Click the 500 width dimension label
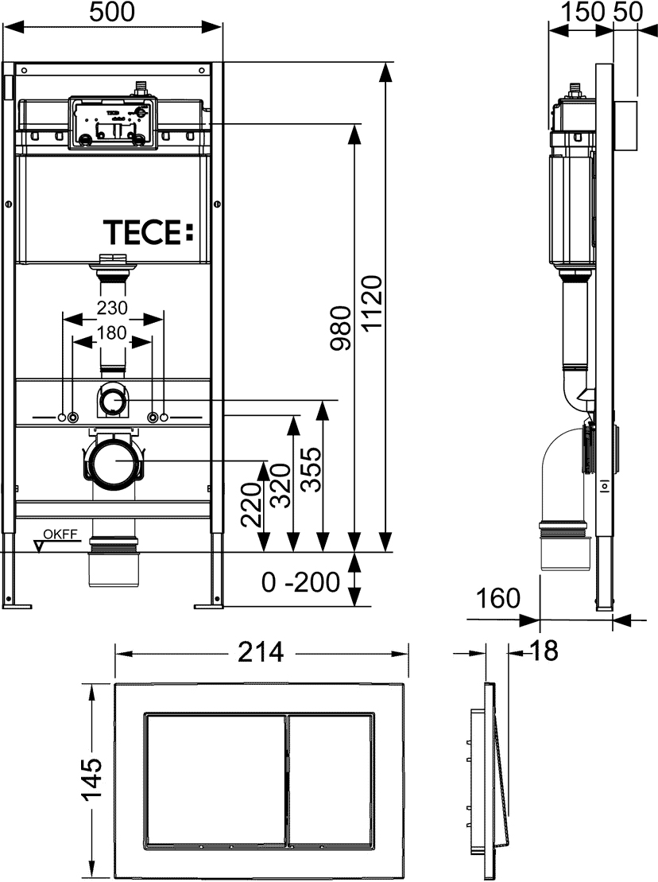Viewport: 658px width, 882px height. pyautogui.click(x=112, y=12)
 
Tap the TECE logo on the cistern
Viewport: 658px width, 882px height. pyautogui.click(x=149, y=232)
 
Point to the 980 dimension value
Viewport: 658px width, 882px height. pyautogui.click(x=340, y=328)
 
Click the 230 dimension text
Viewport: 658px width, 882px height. pyautogui.click(x=112, y=308)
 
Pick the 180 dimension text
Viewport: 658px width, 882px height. pyautogui.click(x=112, y=333)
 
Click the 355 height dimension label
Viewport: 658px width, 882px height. pyautogui.click(x=311, y=469)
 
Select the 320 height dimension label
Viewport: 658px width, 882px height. pyautogui.click(x=281, y=485)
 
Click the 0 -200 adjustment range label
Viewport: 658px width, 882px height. pyautogui.click(x=300, y=582)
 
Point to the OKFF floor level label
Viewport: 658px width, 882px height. pyautogui.click(x=60, y=535)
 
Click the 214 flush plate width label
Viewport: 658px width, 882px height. pyautogui.click(x=261, y=652)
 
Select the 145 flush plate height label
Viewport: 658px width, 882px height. pyautogui.click(x=91, y=779)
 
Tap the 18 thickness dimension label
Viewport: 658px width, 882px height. pyautogui.click(x=544, y=651)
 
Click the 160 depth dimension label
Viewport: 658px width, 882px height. pyautogui.click(x=498, y=598)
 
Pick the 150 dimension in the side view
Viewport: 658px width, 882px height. pyautogui.click(x=584, y=12)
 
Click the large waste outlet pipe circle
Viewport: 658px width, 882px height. pyautogui.click(x=114, y=460)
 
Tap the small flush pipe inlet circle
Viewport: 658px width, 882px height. pyautogui.click(x=114, y=400)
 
